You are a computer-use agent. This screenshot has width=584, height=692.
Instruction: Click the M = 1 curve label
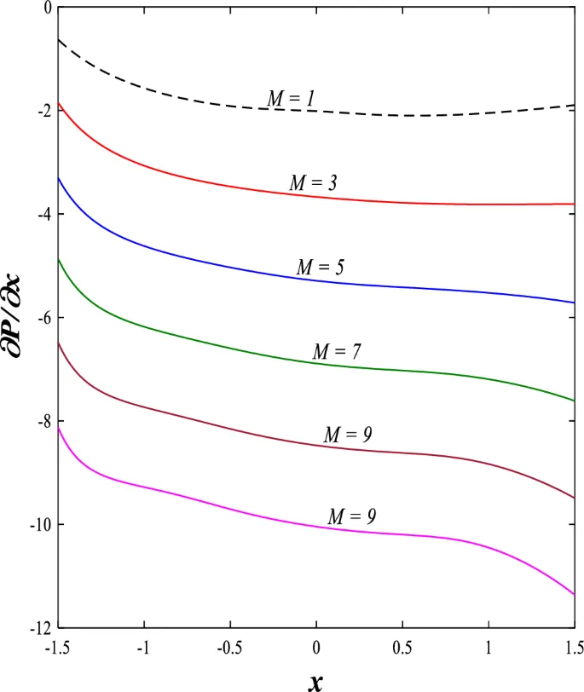coord(292,99)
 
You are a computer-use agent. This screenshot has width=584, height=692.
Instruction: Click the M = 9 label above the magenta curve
coord(352,516)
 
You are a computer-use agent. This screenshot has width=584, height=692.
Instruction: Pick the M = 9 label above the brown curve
coord(348,435)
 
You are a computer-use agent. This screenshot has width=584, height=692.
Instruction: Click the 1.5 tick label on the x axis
coord(573,647)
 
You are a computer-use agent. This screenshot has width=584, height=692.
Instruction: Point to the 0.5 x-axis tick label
coord(402,647)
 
